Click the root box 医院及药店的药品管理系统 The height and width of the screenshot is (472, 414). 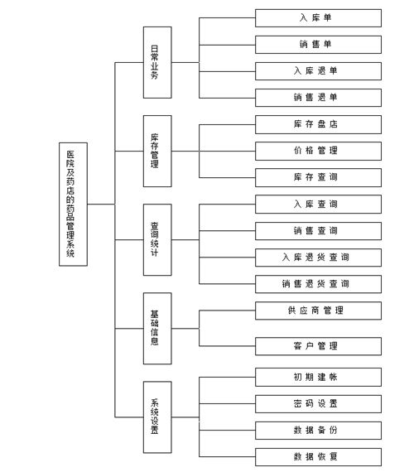pos(73,204)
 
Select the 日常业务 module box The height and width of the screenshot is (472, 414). pos(157,62)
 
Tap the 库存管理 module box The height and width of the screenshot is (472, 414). pos(157,151)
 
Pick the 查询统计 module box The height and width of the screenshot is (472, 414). pos(157,240)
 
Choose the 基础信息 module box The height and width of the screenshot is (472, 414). pos(157,329)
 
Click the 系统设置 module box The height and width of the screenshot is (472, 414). pos(157,417)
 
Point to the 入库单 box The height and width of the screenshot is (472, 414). pos(318,18)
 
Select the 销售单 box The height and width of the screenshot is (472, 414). pos(318,45)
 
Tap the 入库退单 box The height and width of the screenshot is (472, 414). pos(318,71)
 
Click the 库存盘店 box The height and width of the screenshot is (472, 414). pos(318,124)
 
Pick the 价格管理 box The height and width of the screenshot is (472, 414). pos(318,151)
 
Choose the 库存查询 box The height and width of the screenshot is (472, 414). pos(318,177)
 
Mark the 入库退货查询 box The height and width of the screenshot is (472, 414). pos(318,258)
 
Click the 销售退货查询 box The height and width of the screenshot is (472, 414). pos(318,284)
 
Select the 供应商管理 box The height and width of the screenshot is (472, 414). pos(318,311)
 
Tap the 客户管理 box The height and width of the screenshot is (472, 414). pos(318,346)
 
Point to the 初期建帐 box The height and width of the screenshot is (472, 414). pos(318,377)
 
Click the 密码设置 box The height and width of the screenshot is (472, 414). pos(318,403)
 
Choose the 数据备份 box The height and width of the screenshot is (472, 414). pos(318,431)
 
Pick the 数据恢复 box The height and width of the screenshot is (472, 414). pos(318,457)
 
